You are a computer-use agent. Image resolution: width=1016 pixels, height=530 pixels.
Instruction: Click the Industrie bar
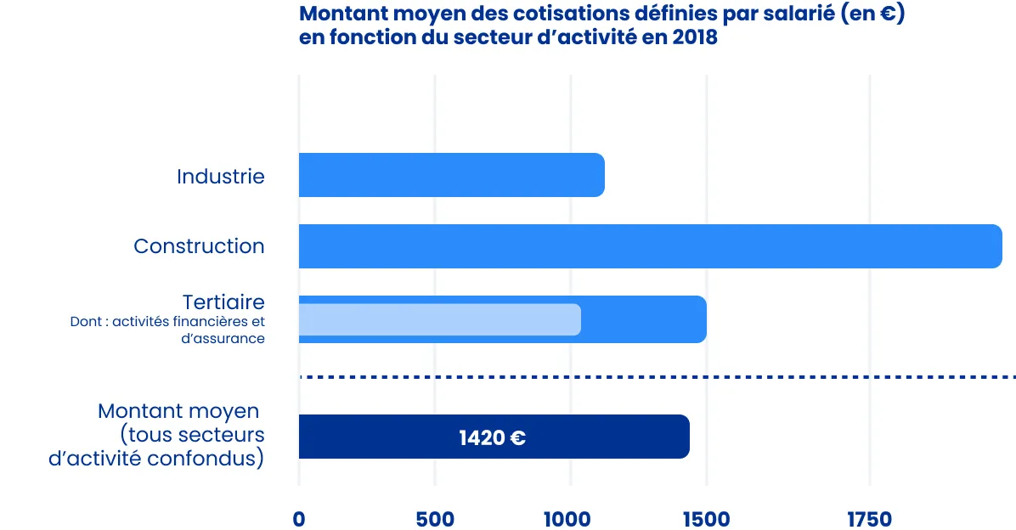pyautogui.click(x=451, y=175)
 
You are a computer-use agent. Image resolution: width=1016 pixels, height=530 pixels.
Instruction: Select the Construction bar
pyautogui.click(x=650, y=246)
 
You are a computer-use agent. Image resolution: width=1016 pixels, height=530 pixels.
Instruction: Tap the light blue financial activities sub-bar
pyautogui.click(x=439, y=319)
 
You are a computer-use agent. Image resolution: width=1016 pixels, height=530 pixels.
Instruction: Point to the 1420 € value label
pyautogui.click(x=492, y=438)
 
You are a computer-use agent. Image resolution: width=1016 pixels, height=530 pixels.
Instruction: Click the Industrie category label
pyautogui.click(x=221, y=177)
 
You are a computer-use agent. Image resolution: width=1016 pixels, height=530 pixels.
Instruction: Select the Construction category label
pyautogui.click(x=199, y=246)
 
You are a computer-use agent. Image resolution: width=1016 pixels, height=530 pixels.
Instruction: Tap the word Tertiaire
pyautogui.click(x=223, y=302)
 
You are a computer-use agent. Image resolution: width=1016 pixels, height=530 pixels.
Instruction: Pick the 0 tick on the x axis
pyautogui.click(x=299, y=519)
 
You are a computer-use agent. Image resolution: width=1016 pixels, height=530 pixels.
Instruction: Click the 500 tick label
pyautogui.click(x=435, y=519)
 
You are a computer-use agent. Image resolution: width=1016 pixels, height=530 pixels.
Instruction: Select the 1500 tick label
pyautogui.click(x=706, y=519)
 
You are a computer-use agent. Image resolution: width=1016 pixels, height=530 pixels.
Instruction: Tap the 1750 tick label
pyautogui.click(x=869, y=519)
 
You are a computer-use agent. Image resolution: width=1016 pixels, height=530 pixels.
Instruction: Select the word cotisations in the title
pyautogui.click(x=565, y=14)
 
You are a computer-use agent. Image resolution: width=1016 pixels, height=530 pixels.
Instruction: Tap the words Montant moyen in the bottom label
pyautogui.click(x=178, y=411)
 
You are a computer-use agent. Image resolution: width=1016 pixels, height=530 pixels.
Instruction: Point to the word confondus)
pyautogui.click(x=223, y=459)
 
